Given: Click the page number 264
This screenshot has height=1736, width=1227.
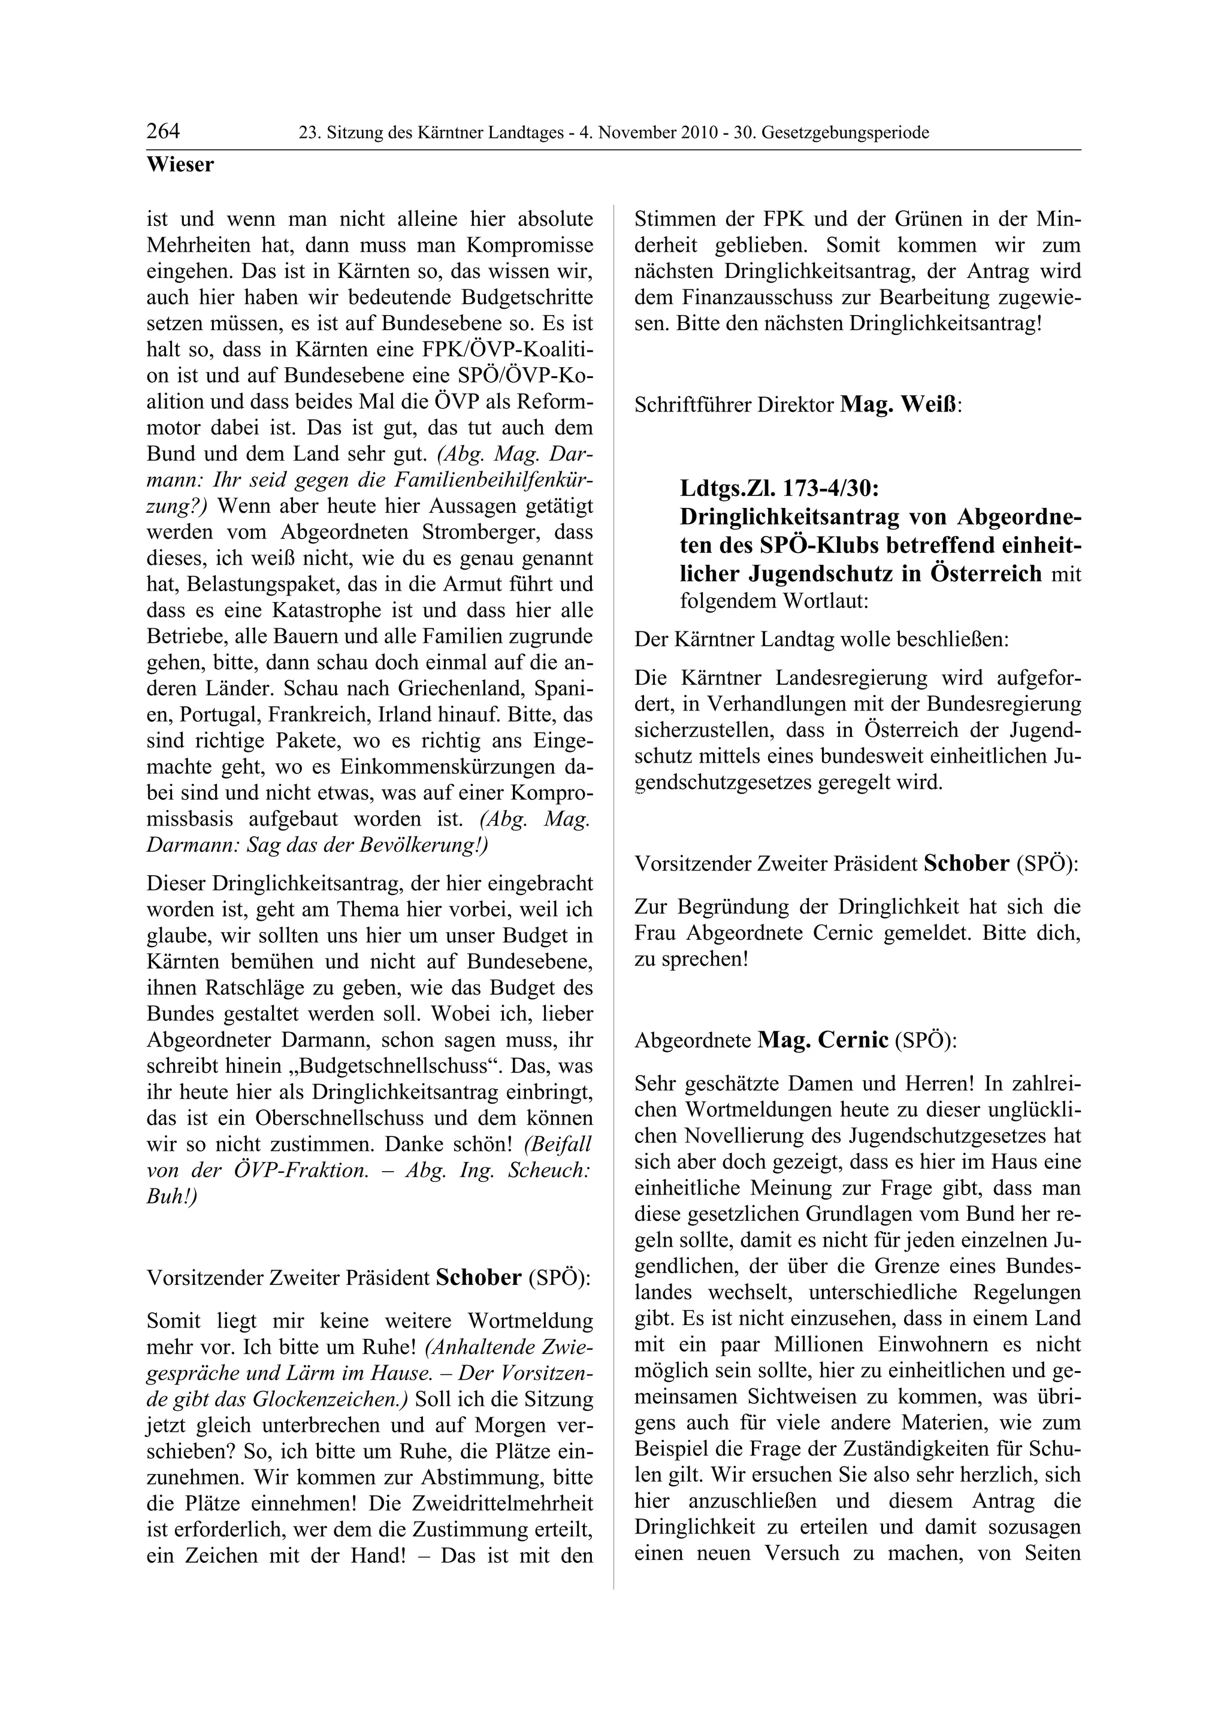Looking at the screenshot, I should pyautogui.click(x=164, y=132).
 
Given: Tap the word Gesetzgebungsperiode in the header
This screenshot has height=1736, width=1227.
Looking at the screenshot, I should pyautogui.click(x=845, y=133).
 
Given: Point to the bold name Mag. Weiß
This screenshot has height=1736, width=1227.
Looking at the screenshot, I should pyautogui.click(x=898, y=406).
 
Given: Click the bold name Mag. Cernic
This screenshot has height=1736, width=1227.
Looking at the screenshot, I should pyautogui.click(x=823, y=1041).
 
